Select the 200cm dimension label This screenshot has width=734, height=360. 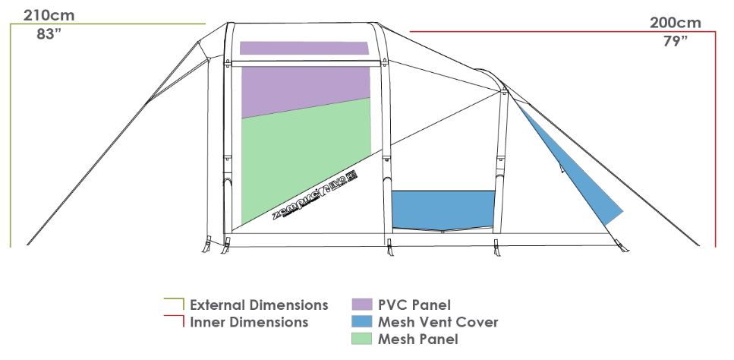675,22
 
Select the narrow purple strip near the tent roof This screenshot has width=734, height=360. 304,48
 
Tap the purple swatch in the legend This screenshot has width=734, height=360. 361,305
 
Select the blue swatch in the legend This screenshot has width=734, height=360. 361,322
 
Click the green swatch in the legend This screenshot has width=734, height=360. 361,339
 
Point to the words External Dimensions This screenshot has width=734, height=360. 259,305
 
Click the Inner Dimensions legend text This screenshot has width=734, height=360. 249,322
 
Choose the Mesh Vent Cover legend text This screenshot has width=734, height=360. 438,322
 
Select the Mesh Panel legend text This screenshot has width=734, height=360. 417,339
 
